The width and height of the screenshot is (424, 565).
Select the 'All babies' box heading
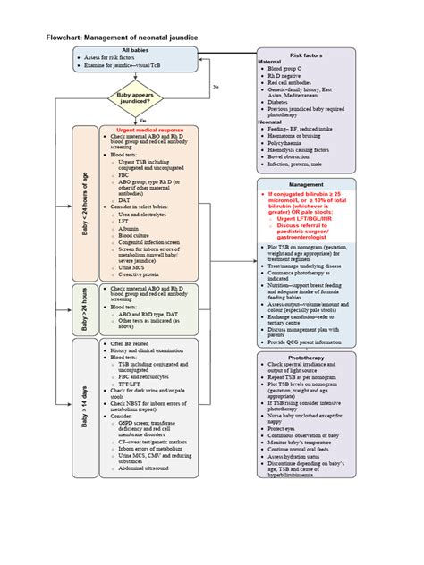[136, 51]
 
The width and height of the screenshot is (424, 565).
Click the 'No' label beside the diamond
[216, 86]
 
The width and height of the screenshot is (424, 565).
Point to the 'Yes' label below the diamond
[143, 119]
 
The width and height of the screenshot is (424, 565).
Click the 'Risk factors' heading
[307, 55]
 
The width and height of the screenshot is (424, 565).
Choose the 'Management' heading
[307, 185]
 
